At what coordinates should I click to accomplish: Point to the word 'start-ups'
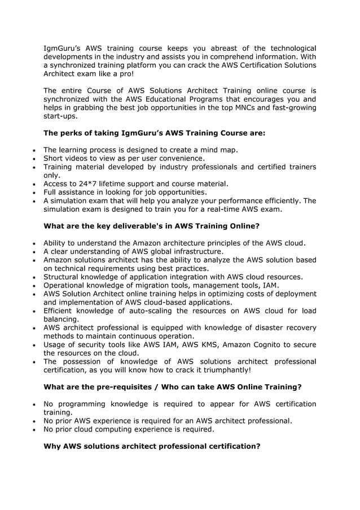[60, 116]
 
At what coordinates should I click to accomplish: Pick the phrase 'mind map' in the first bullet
[219, 150]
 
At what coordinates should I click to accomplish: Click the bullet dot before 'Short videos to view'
[35, 159]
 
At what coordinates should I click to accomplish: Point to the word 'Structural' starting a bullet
[63, 277]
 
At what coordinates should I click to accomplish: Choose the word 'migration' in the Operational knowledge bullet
[151, 285]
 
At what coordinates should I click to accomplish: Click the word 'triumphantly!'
[223, 370]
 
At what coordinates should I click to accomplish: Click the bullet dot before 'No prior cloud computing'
[35, 430]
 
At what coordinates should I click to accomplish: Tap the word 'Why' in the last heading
[52, 446]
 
